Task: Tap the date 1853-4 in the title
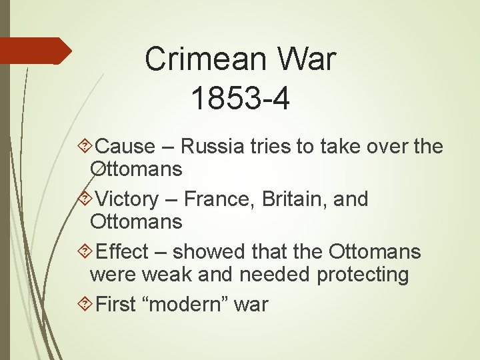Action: click(x=240, y=99)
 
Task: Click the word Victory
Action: click(x=127, y=199)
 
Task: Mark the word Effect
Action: click(x=122, y=251)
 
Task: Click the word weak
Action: click(x=191, y=274)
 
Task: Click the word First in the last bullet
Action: click(x=117, y=305)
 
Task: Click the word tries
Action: click(x=269, y=146)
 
